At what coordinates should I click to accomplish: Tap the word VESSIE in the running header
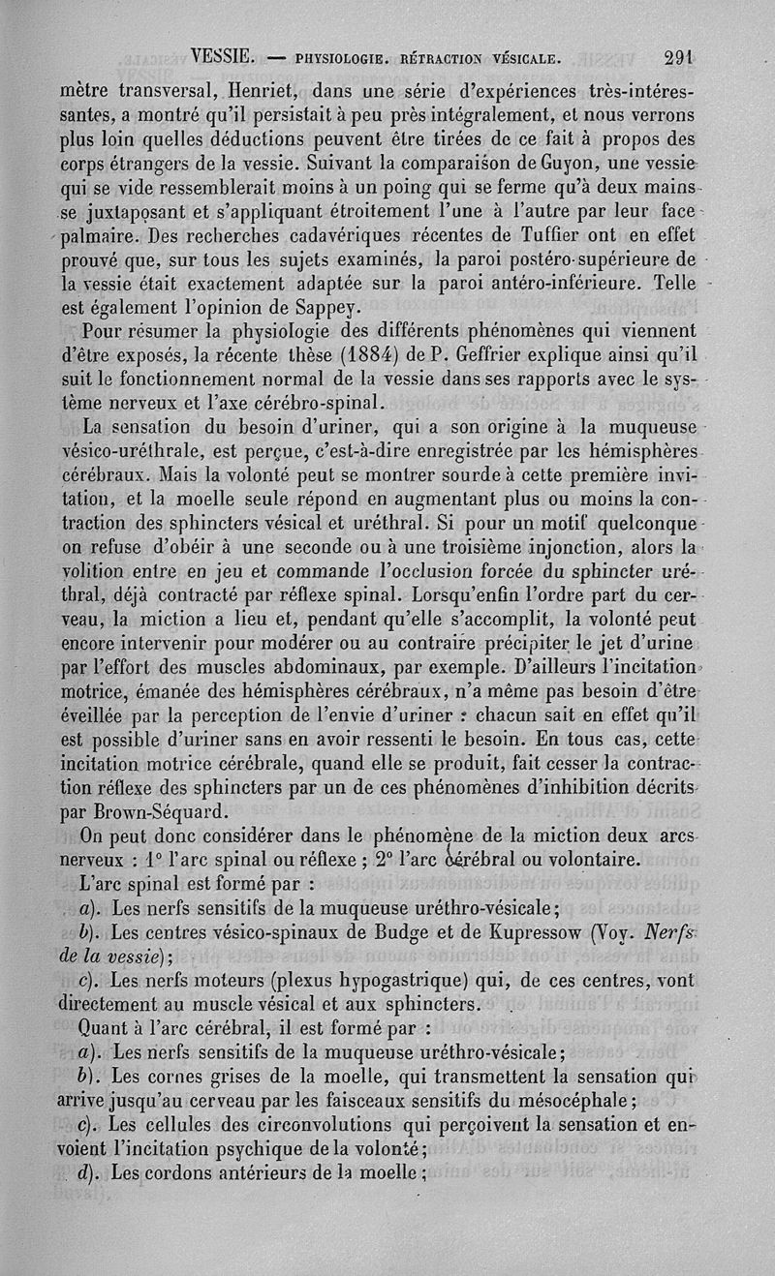[x=223, y=56]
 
